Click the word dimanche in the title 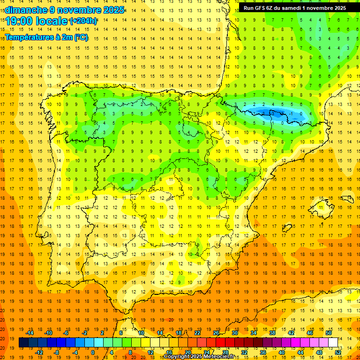point(23,10)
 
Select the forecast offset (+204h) point(83,21)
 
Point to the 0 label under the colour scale point(92,352)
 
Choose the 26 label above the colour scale point(216,333)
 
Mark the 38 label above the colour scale point(272,333)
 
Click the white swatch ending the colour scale point(333,343)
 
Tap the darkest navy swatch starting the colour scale point(23,343)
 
